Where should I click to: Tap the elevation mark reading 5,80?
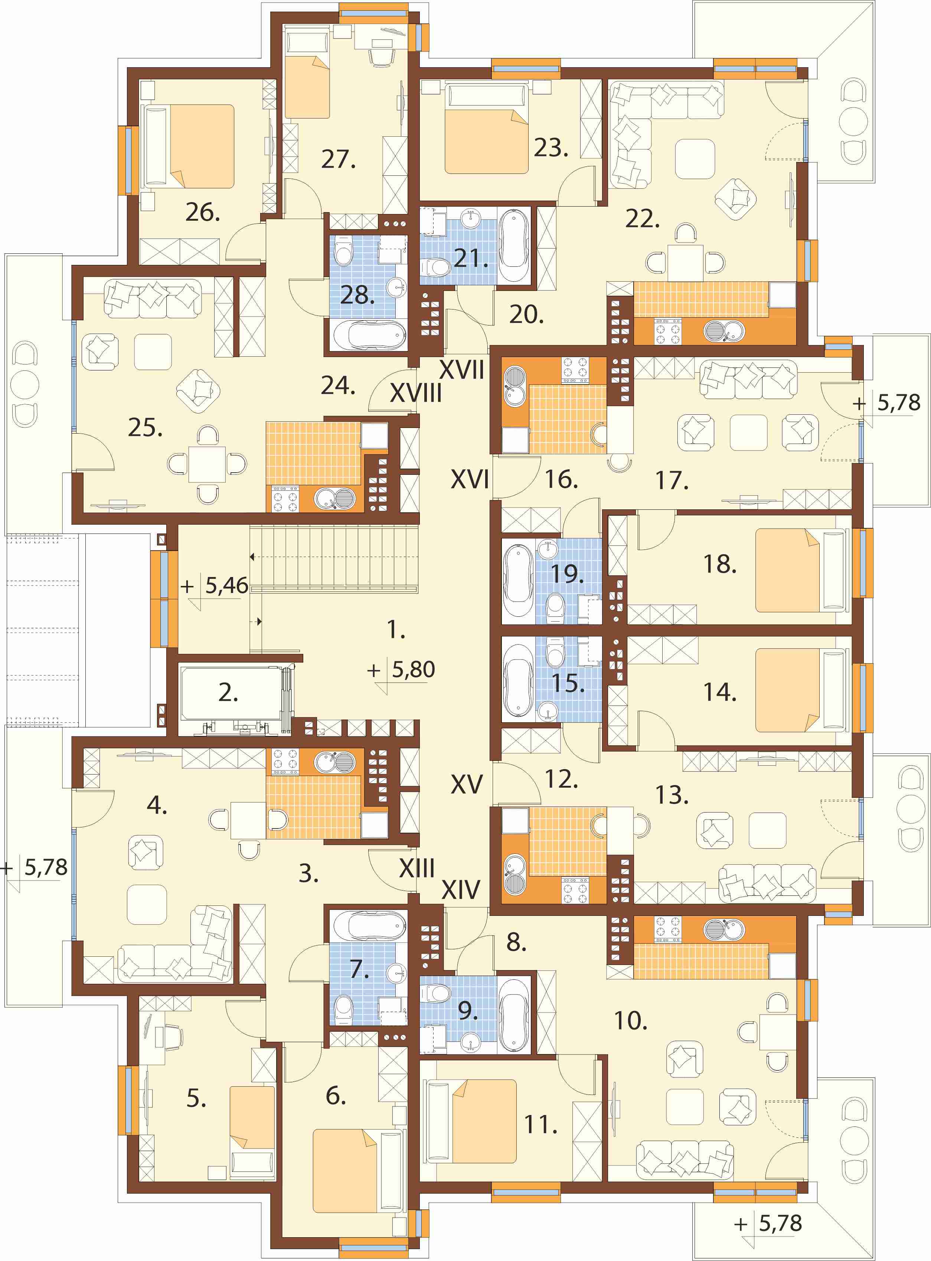(413, 670)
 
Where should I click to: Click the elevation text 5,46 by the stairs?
(226, 586)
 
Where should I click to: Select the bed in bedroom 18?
(800, 570)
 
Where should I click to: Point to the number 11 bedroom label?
(540, 1125)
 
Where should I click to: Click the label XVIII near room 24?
(415, 393)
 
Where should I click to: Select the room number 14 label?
(720, 692)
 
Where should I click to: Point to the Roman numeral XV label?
(466, 784)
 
